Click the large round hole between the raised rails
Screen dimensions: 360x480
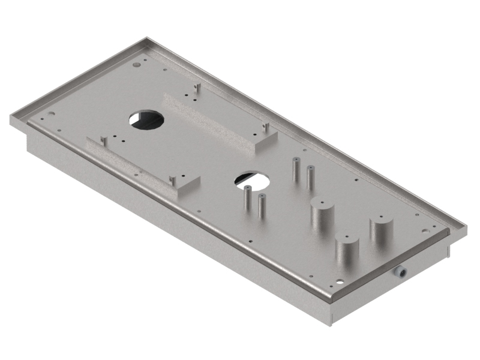coord(147,119)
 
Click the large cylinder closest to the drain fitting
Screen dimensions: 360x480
coord(346,248)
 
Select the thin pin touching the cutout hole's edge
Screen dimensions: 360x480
coord(247,200)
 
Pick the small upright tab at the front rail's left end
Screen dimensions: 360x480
coord(104,140)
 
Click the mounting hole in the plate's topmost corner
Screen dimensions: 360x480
coord(138,62)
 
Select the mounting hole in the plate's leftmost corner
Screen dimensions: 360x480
coord(51,113)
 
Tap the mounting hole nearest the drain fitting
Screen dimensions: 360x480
coord(340,279)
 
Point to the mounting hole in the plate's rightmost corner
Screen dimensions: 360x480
coord(425,228)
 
